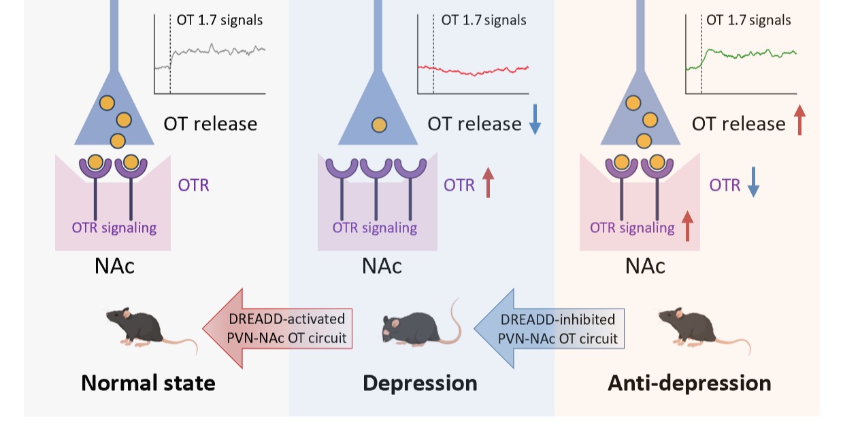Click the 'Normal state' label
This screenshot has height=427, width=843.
(148, 383)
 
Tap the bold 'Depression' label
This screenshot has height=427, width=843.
(419, 383)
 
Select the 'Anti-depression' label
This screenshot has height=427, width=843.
(689, 383)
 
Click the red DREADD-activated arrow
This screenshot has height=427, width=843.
(279, 328)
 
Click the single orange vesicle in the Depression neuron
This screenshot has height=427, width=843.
(379, 125)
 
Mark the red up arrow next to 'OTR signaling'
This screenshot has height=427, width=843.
(687, 226)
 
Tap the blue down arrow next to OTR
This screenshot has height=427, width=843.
(753, 185)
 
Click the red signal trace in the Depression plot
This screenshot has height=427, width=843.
(476, 71)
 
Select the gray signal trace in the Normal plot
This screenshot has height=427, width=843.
(218, 50)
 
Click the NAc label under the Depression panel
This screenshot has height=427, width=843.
(381, 266)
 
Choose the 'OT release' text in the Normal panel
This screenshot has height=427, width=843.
(210, 124)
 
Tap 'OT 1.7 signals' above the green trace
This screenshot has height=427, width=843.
(748, 20)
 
